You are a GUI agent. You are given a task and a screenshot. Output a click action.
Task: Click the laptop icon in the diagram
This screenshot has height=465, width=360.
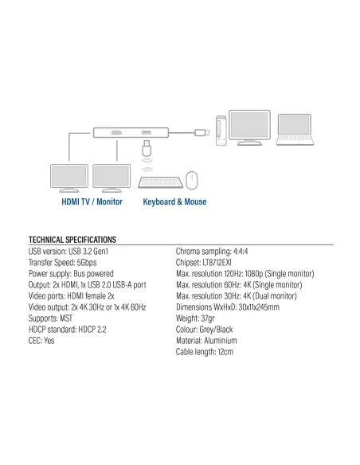click(x=295, y=130)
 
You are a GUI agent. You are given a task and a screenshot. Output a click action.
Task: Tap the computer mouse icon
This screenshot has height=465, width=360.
click(x=192, y=180)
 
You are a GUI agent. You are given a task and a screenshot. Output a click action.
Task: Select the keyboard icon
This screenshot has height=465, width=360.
click(x=160, y=182)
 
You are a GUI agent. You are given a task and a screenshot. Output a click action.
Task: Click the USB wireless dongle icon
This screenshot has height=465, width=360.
click(x=147, y=147)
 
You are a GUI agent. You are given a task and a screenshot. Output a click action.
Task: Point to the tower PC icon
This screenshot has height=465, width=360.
click(x=221, y=131)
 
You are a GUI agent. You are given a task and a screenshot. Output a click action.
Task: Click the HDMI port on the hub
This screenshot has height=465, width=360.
click(x=116, y=132)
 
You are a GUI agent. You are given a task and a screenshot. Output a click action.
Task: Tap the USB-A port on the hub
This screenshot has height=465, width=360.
click(x=147, y=132)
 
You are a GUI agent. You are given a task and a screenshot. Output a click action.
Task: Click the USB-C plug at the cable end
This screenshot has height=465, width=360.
click(x=202, y=132)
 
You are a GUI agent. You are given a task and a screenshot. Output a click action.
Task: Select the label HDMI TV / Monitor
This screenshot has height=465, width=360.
click(x=92, y=201)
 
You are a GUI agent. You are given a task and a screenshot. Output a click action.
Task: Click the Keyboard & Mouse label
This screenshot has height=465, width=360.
click(x=174, y=201)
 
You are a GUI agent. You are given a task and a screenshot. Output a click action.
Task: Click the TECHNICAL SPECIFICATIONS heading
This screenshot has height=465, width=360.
click(x=72, y=240)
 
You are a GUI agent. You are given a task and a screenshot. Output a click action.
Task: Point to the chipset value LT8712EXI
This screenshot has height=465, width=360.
click(x=217, y=263)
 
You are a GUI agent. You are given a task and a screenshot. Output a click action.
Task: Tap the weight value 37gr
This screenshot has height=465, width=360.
click(x=208, y=318)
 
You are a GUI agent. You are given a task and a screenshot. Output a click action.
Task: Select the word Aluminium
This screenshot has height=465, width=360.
click(x=221, y=341)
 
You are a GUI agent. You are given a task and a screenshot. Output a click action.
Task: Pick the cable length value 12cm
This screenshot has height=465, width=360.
click(x=225, y=352)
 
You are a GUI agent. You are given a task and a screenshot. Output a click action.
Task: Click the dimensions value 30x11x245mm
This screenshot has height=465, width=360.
click(x=259, y=307)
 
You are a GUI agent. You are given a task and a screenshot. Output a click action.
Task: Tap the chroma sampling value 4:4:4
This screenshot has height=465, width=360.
click(x=241, y=252)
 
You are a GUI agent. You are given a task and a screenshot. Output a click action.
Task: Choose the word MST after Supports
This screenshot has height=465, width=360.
click(x=66, y=318)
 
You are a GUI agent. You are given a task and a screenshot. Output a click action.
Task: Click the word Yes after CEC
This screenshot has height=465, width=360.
click(x=49, y=341)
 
